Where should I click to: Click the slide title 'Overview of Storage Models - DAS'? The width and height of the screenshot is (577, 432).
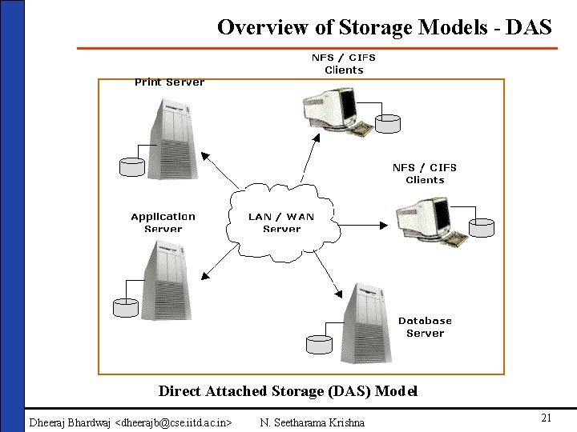pos(384,27)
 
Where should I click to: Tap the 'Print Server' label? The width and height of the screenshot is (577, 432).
pos(169,82)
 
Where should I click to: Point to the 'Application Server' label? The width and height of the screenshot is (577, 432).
pos(163,222)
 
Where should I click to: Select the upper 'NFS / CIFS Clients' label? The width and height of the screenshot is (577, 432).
pos(343,63)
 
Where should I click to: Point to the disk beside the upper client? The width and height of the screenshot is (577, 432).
pos(389,123)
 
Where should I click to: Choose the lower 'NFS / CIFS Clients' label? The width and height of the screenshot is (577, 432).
pos(425,174)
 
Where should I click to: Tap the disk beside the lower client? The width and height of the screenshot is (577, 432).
pos(482,228)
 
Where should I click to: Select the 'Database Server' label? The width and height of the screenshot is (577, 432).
pos(425,326)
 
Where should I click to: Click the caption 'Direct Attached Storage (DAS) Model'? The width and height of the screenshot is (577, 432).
pos(288,391)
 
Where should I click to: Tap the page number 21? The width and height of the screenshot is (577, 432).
pos(546,418)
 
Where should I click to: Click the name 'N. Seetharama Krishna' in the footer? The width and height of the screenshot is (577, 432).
pos(313,422)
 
